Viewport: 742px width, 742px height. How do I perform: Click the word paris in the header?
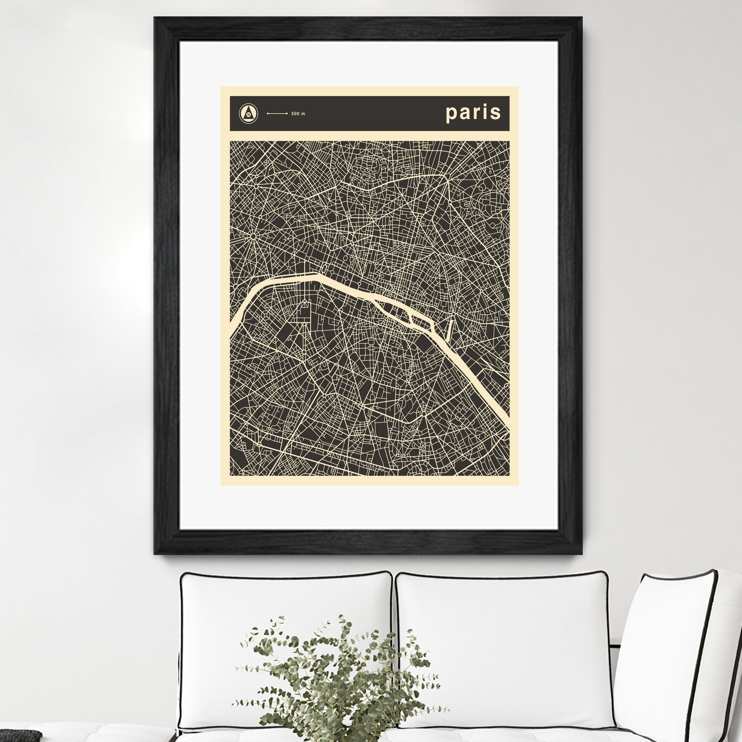click(473, 113)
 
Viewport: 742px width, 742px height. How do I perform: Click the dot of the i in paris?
click(485, 105)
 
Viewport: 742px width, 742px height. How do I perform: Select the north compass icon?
click(248, 113)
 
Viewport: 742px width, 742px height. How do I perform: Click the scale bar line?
click(277, 114)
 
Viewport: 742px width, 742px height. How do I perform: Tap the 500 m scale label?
click(298, 114)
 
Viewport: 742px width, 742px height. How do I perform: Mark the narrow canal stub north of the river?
click(451, 328)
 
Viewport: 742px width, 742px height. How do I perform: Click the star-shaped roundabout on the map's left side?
click(252, 236)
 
